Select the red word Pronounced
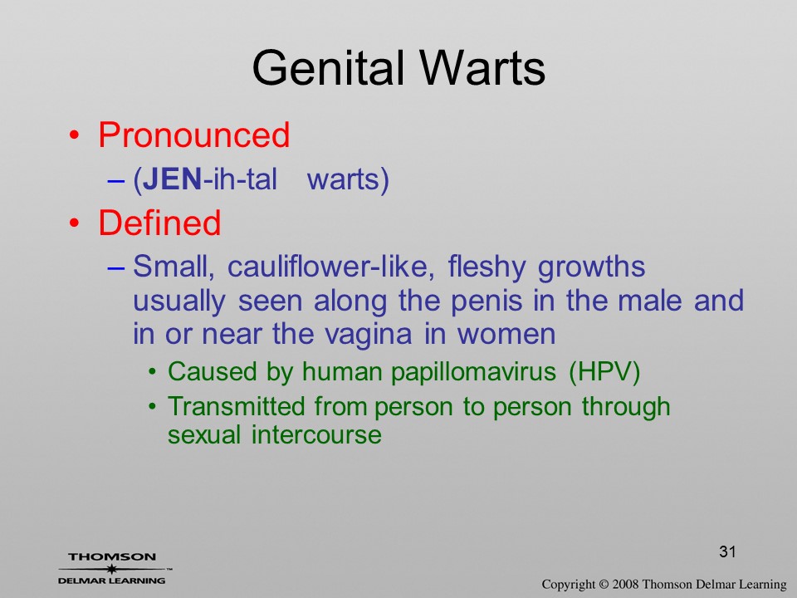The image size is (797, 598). click(x=194, y=135)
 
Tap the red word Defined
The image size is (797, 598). click(x=159, y=223)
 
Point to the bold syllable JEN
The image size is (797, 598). click(x=173, y=179)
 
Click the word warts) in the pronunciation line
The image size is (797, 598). click(x=348, y=180)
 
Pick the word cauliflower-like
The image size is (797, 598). click(x=331, y=267)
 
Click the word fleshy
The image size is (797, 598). click(x=487, y=267)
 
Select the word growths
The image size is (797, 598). click(x=592, y=267)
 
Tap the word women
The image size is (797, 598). click(x=506, y=334)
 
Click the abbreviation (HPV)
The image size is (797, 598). click(x=604, y=372)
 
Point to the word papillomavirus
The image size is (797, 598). click(x=473, y=372)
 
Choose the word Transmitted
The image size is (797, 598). click(x=237, y=406)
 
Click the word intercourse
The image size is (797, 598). click(x=316, y=434)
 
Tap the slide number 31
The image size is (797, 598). click(x=727, y=551)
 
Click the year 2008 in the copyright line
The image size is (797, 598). click(x=625, y=584)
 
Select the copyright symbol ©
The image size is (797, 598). click(x=604, y=584)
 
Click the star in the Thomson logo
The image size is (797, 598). click(x=111, y=569)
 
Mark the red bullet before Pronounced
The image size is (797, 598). click(x=74, y=135)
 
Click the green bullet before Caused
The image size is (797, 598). click(x=152, y=372)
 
